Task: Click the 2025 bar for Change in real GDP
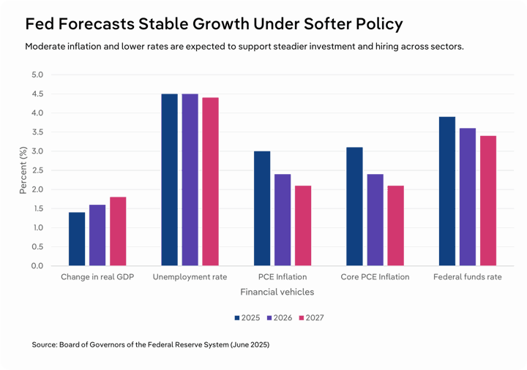point(77,239)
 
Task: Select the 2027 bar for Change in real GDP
point(118,231)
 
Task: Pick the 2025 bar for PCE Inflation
point(262,208)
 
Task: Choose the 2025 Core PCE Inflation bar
point(354,206)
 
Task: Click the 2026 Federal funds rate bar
point(468,197)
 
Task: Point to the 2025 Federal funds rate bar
point(447,191)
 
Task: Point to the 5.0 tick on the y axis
point(37,75)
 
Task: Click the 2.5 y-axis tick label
point(37,170)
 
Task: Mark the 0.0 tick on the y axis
point(37,266)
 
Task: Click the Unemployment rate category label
point(190,277)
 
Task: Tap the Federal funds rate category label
point(468,277)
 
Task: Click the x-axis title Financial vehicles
point(277,292)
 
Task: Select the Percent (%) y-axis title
point(23,170)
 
